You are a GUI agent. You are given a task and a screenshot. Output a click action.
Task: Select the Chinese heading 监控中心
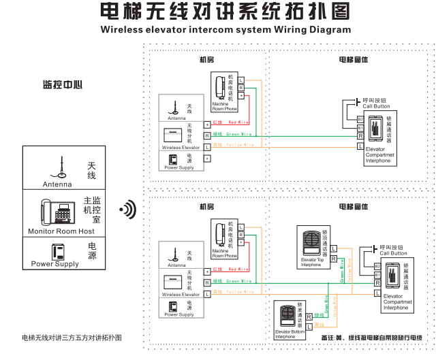click(63, 85)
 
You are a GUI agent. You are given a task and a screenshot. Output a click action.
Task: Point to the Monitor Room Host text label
click(61, 231)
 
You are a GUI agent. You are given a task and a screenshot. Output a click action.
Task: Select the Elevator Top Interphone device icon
click(311, 242)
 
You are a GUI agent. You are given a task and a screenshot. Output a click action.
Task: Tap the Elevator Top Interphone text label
click(311, 262)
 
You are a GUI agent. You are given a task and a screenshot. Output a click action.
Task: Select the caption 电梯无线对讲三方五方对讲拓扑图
click(72, 338)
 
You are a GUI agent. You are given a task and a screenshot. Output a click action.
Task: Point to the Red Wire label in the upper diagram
click(238, 122)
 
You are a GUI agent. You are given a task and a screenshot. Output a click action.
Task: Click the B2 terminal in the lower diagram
click(377, 266)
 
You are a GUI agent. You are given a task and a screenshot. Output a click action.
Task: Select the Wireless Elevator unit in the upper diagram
click(174, 134)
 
